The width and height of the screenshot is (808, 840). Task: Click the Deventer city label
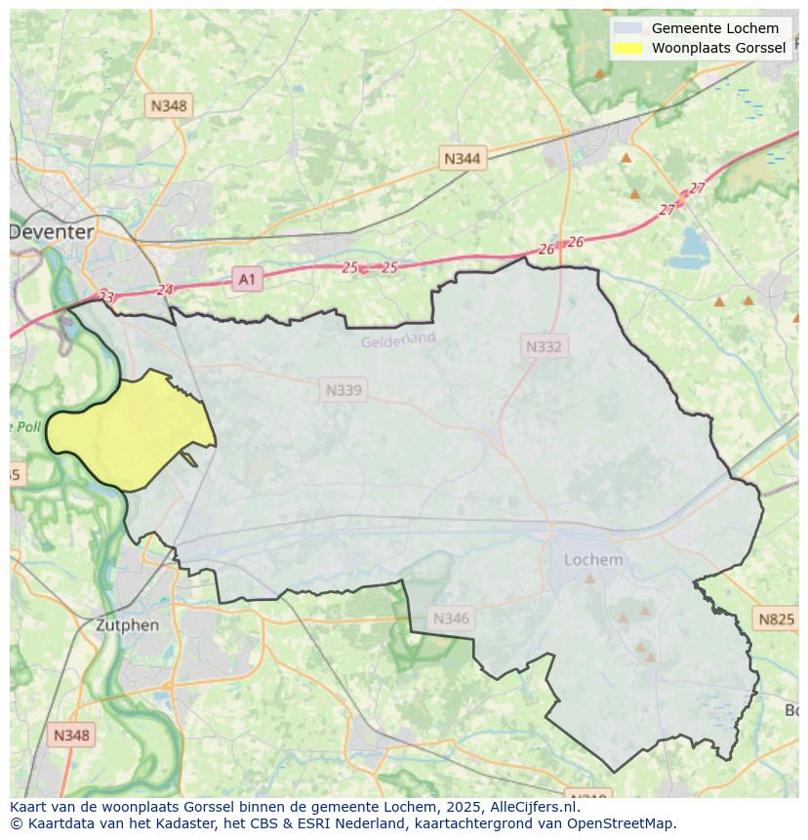coord(52,232)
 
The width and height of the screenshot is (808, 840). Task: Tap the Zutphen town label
coord(127,624)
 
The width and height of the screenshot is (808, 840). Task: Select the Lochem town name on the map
coord(593,560)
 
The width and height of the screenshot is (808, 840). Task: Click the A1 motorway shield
coord(247,280)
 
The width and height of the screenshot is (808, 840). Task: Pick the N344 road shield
coord(462,158)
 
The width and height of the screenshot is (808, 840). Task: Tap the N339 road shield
coord(343,390)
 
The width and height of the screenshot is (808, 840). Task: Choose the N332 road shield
coord(544,346)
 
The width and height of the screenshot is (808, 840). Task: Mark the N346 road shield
coord(451,618)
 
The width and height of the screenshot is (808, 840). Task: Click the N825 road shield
coord(777,619)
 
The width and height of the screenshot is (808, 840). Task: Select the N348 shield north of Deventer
coord(169,104)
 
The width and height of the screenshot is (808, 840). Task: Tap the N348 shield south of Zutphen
coord(72,735)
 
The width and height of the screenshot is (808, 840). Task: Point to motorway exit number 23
coord(106,297)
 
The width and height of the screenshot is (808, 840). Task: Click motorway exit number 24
coord(165,290)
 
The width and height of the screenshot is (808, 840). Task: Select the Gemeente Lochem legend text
coord(714,28)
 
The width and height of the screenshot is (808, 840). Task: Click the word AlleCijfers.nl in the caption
coord(535,807)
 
